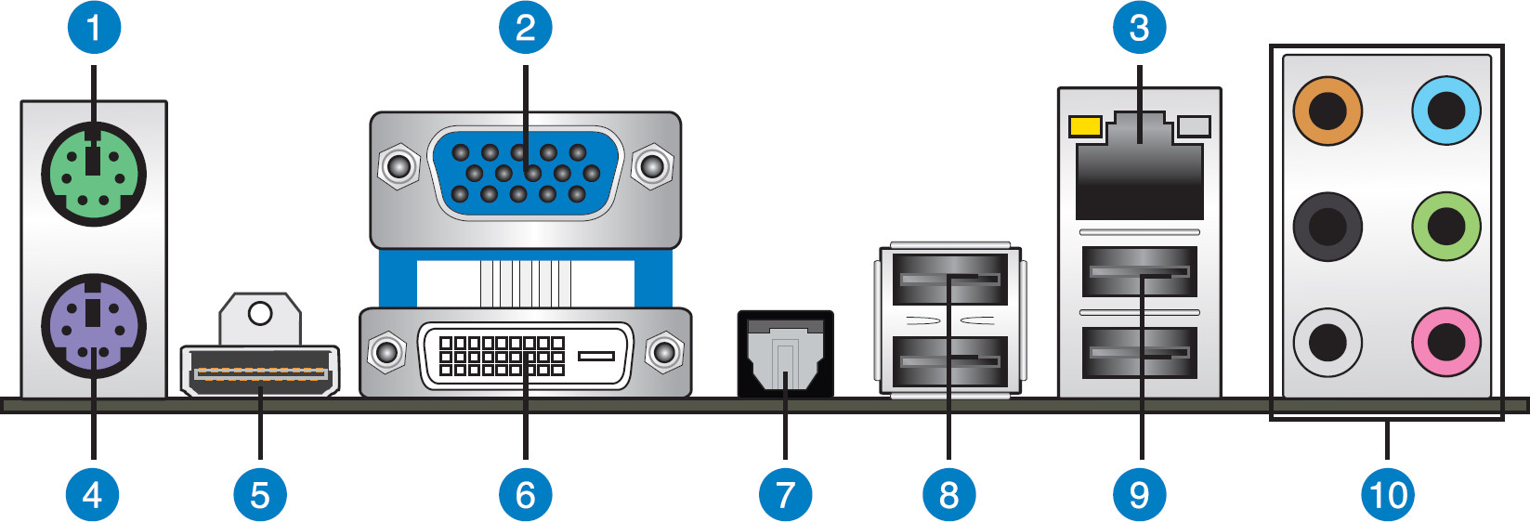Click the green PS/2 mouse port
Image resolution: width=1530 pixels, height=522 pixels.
(x=94, y=174)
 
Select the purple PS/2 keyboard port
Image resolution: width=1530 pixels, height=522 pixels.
(x=94, y=325)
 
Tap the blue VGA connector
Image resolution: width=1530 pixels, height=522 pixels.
(x=525, y=173)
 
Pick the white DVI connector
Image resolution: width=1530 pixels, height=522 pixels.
(x=525, y=356)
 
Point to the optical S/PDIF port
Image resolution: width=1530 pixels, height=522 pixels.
(x=785, y=355)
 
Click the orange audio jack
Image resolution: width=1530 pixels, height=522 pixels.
(x=1327, y=111)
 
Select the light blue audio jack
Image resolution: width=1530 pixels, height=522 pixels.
(x=1446, y=111)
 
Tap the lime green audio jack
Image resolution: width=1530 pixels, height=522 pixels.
(x=1446, y=226)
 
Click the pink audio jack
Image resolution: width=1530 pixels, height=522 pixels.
(x=1446, y=343)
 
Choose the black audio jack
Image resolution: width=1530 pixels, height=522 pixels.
(x=1327, y=226)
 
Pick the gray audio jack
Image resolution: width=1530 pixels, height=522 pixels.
(x=1327, y=343)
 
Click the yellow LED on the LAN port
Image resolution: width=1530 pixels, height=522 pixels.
(x=1085, y=125)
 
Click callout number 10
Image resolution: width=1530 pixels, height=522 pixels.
(x=1388, y=494)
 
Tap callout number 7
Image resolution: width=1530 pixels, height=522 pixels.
(x=785, y=494)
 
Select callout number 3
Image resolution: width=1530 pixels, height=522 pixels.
(x=1139, y=27)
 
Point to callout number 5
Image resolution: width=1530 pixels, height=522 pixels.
(x=260, y=494)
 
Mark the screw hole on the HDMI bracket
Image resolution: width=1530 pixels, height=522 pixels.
(x=260, y=313)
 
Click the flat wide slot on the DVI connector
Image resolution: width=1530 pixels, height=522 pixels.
(x=595, y=356)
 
